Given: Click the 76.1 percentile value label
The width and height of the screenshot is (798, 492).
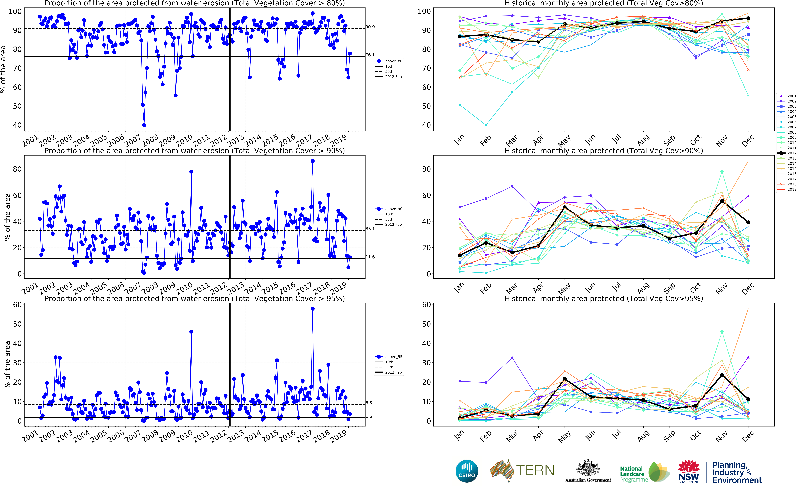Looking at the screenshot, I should (x=370, y=55).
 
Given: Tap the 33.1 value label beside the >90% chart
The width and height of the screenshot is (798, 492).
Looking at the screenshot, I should (x=370, y=229).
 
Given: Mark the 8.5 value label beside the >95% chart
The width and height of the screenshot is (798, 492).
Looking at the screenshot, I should (x=369, y=403).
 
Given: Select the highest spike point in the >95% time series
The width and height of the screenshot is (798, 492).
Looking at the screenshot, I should (x=313, y=309).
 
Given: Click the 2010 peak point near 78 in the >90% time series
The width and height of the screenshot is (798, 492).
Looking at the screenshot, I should (x=191, y=171).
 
